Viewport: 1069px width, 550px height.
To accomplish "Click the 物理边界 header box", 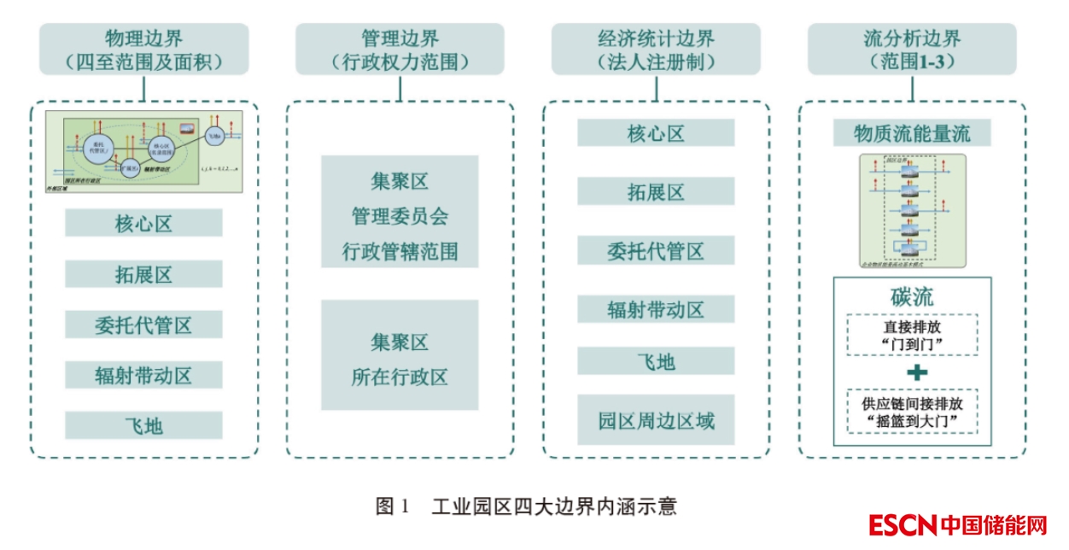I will click(143, 50).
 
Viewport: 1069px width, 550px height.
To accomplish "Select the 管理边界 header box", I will click(400, 50).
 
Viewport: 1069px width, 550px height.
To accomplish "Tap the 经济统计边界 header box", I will click(656, 50).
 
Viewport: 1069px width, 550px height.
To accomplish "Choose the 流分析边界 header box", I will click(912, 50).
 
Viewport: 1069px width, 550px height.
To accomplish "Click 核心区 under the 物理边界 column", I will click(143, 224).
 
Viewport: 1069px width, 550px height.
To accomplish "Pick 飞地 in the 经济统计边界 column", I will click(656, 362).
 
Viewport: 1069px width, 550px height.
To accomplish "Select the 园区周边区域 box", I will click(656, 420).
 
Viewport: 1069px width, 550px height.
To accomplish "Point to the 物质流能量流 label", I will click(912, 133).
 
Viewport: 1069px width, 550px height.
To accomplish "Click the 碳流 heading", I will click(912, 297).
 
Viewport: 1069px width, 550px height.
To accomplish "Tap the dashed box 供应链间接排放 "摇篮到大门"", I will click(912, 412).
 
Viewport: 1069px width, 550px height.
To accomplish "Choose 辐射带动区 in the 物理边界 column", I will click(143, 375).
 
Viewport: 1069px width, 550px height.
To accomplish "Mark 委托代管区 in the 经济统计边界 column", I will click(656, 252).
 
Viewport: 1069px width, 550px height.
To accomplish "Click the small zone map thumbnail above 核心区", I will click(143, 151).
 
